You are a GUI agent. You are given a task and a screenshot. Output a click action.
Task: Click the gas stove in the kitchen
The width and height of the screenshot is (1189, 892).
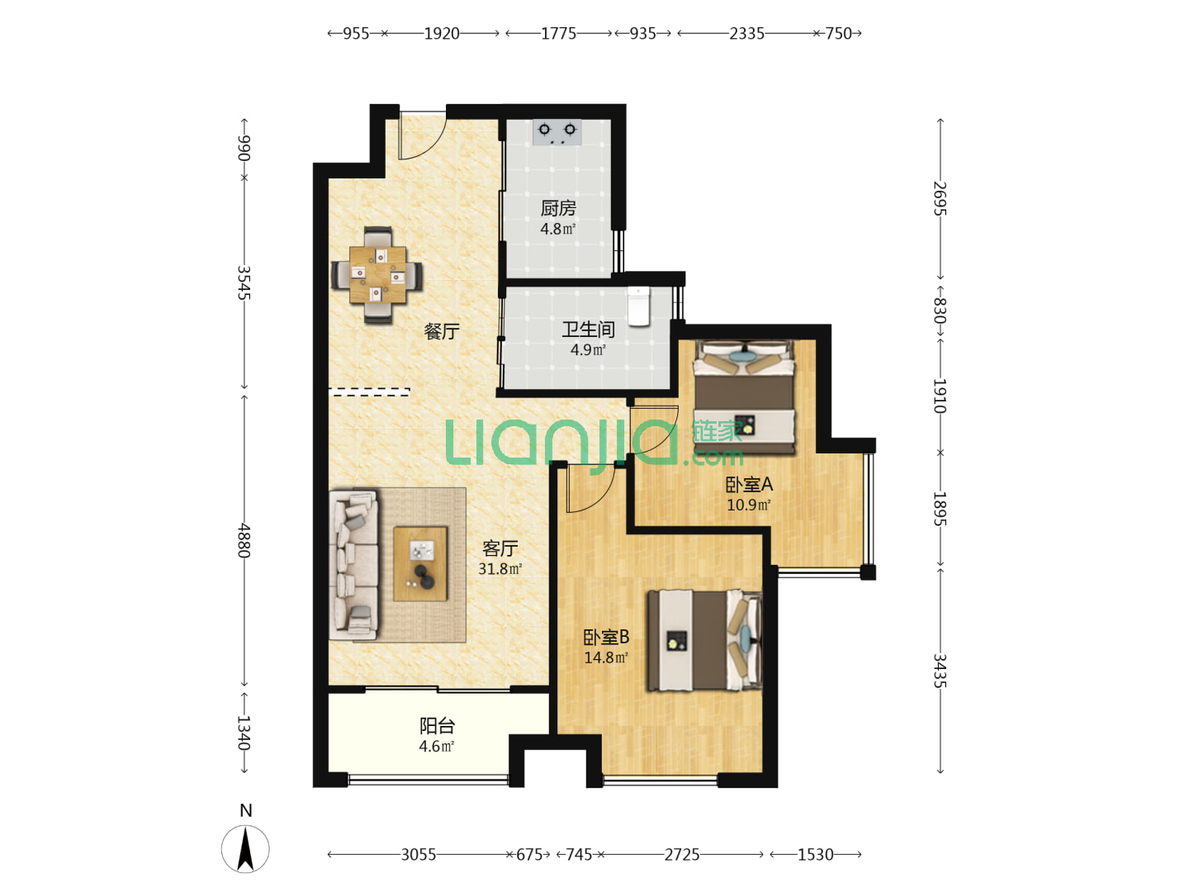(x=557, y=132)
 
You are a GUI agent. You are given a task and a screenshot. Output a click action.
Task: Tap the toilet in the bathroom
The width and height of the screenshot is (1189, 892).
(x=638, y=306)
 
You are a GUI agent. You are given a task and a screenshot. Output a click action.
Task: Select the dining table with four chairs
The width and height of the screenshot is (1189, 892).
(x=377, y=274)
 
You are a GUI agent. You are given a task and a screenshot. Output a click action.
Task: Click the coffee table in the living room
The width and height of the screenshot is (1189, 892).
(x=420, y=563)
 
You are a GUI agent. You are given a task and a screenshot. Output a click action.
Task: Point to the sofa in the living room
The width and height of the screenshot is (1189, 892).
(x=353, y=565)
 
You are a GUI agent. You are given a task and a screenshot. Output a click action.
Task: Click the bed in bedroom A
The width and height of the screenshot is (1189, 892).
(x=744, y=396)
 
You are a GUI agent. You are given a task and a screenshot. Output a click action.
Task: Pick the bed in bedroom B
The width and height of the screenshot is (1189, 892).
(x=705, y=641)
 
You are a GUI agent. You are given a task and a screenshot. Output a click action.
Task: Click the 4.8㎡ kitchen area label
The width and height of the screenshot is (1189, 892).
(x=557, y=229)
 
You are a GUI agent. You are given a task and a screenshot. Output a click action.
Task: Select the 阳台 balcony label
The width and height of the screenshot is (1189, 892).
(x=437, y=725)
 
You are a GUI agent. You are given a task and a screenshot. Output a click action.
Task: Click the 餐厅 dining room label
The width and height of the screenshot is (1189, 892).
(x=442, y=331)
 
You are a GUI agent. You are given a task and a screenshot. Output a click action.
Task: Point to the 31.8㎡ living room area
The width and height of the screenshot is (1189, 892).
(x=500, y=569)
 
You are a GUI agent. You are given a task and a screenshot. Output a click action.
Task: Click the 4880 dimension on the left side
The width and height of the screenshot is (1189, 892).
(x=244, y=540)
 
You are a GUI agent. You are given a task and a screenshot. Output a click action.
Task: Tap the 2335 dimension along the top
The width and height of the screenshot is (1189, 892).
(x=746, y=34)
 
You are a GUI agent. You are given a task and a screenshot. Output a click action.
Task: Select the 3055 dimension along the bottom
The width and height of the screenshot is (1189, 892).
(x=418, y=855)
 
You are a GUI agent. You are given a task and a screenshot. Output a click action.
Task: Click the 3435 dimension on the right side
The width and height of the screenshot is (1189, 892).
(x=940, y=671)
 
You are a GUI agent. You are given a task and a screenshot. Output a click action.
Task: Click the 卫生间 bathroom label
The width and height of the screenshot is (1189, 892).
(x=588, y=330)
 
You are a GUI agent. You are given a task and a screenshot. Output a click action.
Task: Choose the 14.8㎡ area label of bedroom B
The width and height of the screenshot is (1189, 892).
(x=605, y=657)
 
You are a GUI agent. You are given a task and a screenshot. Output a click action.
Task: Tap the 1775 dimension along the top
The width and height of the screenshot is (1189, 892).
(x=558, y=34)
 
